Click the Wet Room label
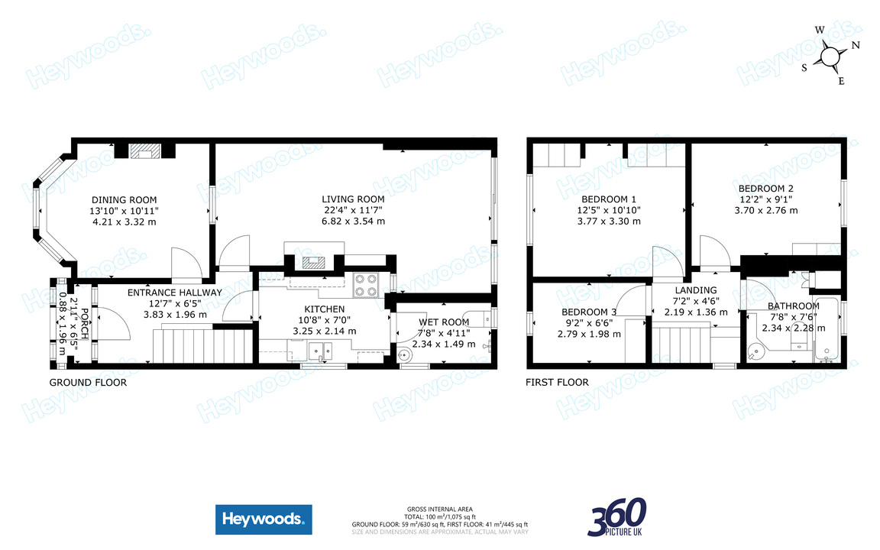tap(443, 322)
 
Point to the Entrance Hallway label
tap(174, 293)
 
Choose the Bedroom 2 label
tap(765, 189)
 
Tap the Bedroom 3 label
tap(589, 312)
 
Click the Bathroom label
tap(793, 307)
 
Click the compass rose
tap(830, 56)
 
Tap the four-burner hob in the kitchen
tap(367, 285)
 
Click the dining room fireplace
tap(144, 151)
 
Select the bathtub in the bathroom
tap(828, 329)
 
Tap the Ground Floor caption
tap(88, 383)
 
